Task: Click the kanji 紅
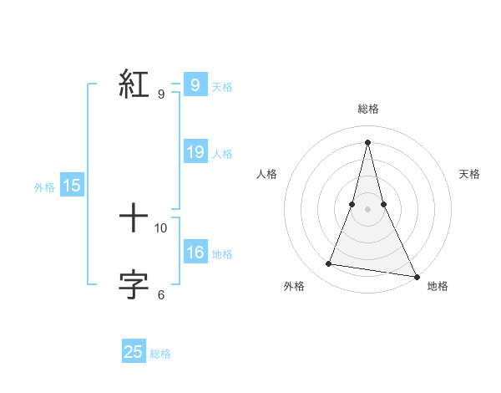click(134, 84)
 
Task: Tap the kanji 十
click(134, 220)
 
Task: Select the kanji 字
click(134, 285)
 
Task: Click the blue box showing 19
click(195, 152)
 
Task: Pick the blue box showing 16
click(195, 253)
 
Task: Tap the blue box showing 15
click(72, 186)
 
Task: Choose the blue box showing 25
click(134, 352)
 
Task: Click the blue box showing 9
click(195, 84)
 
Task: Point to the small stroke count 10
click(161, 227)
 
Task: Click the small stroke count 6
click(161, 294)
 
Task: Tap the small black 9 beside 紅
click(161, 94)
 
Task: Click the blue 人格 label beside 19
click(222, 154)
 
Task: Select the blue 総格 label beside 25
click(160, 354)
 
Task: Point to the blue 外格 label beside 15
click(44, 187)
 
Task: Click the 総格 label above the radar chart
click(367, 109)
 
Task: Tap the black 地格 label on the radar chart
click(438, 286)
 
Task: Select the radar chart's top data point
click(367, 141)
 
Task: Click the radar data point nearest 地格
click(416, 276)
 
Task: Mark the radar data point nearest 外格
click(329, 264)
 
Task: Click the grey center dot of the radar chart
click(367, 209)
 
